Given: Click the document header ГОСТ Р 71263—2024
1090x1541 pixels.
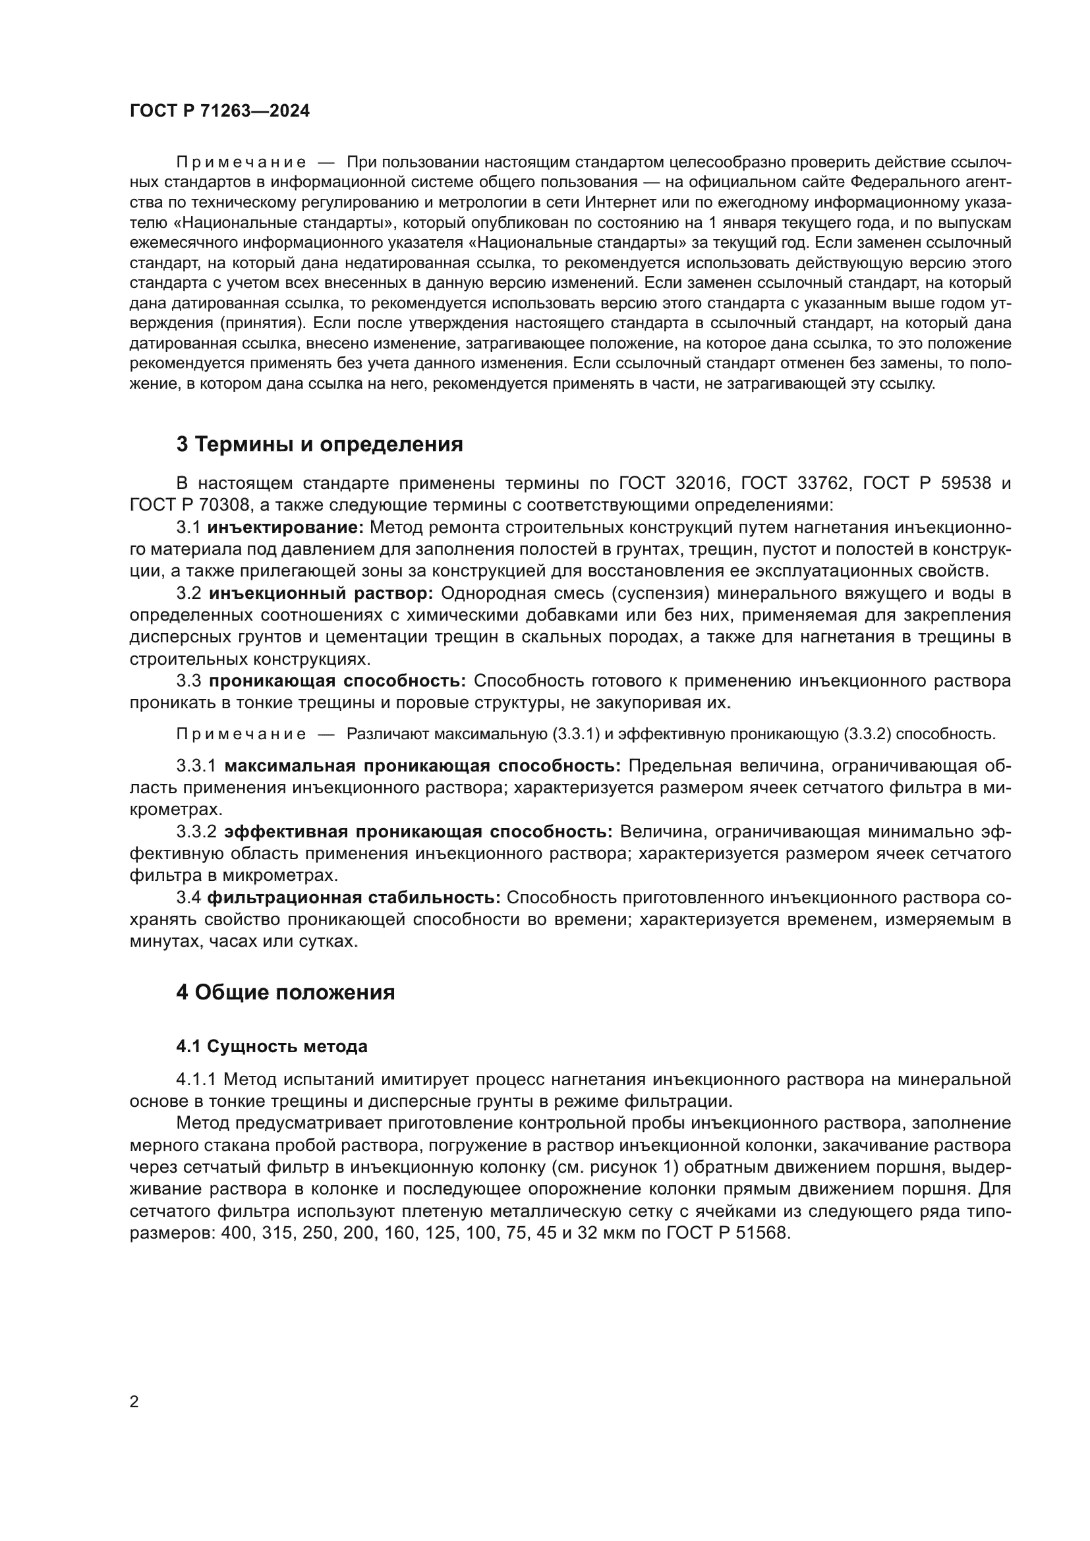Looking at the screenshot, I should (x=219, y=111).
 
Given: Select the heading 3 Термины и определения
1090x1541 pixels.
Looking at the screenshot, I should (x=320, y=444).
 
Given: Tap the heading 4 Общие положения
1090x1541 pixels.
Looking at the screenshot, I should (x=285, y=992).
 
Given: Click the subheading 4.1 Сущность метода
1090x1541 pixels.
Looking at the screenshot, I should (x=272, y=1046).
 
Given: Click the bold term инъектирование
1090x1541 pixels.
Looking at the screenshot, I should (x=285, y=528).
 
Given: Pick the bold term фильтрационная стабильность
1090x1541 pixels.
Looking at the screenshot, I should (x=354, y=897).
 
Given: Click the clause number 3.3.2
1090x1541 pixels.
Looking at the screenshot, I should (x=196, y=831).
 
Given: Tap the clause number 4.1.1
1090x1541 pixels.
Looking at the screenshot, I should (x=196, y=1079).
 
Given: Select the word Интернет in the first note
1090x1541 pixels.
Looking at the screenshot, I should (x=614, y=202).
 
